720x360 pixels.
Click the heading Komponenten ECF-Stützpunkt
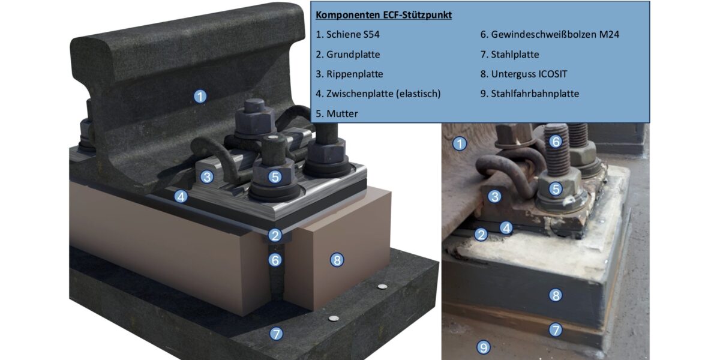click(x=384, y=15)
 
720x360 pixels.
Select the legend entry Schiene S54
click(x=347, y=34)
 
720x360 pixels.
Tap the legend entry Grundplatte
click(x=347, y=55)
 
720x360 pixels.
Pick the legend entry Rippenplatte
click(x=349, y=74)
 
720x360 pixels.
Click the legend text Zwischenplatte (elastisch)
click(x=378, y=94)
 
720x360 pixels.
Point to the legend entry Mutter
click(x=337, y=113)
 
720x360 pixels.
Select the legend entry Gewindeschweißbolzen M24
click(x=550, y=34)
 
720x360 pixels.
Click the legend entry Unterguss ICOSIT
click(x=524, y=74)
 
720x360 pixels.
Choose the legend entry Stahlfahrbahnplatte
click(x=530, y=94)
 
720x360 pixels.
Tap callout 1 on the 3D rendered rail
click(x=200, y=97)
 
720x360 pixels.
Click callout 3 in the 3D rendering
click(x=207, y=177)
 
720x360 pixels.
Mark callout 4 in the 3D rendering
click(x=181, y=197)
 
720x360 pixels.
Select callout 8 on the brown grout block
click(x=337, y=260)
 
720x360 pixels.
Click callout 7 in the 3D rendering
click(x=276, y=334)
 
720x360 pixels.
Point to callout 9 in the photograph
click(x=483, y=347)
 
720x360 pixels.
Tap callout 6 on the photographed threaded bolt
click(x=556, y=142)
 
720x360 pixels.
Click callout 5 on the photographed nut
click(x=556, y=189)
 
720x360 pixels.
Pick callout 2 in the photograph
click(x=481, y=235)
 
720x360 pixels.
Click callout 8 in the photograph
click(x=556, y=295)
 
